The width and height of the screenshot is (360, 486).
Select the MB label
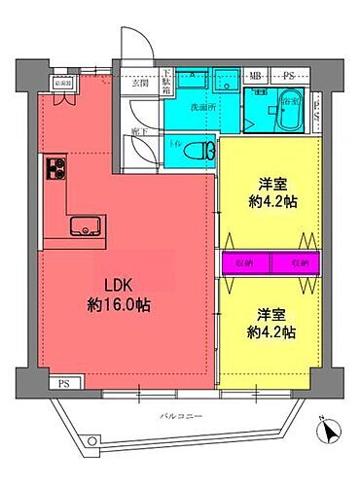coord(256,75)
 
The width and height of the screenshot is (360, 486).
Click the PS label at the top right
coord(289,75)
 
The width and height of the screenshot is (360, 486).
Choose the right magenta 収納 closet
coord(299,263)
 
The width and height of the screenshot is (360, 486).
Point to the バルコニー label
coord(180,416)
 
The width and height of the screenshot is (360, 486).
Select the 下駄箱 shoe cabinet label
coord(166,77)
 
